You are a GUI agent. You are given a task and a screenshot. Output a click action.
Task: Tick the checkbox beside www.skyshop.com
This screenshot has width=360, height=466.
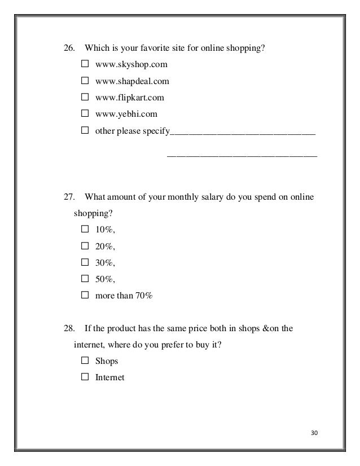[85, 65]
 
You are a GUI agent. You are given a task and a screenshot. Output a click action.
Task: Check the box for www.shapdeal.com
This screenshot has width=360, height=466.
[85, 81]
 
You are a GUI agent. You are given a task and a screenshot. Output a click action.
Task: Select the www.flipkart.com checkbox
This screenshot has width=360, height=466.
[85, 98]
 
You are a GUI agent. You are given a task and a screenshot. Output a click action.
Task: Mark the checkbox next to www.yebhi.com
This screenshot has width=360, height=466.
[85, 115]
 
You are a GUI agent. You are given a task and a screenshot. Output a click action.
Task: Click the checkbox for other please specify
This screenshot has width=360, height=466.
[85, 131]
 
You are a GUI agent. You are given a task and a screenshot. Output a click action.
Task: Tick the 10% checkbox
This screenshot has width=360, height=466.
[85, 230]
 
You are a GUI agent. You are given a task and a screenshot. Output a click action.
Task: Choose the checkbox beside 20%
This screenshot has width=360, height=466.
[85, 246]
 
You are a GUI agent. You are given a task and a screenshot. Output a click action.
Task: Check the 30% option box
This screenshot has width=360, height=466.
[85, 262]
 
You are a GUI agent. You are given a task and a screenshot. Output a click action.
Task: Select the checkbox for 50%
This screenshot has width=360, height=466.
[85, 279]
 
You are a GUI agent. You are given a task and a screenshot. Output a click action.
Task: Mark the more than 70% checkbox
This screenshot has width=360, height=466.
[85, 295]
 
